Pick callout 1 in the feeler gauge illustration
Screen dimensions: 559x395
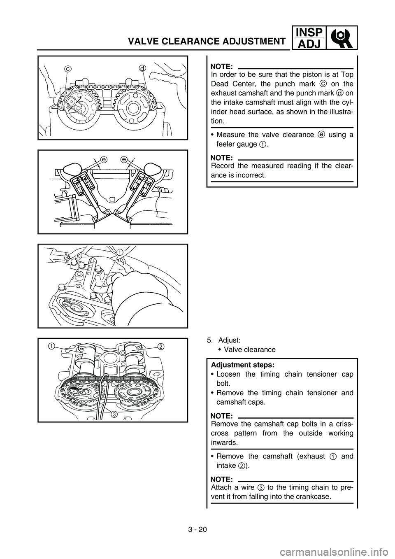click(119, 252)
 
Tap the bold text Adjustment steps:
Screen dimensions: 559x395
click(242, 365)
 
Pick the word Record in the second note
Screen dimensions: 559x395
click(221, 166)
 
